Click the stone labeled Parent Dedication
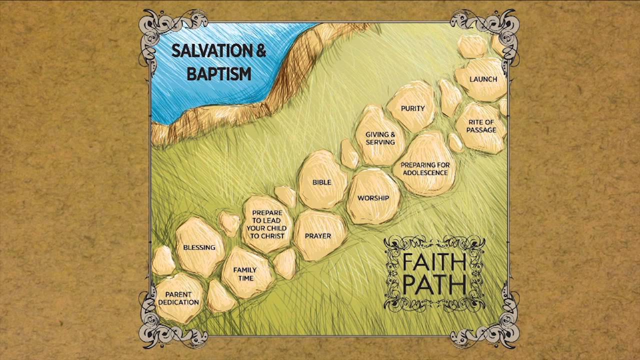(x=178, y=298)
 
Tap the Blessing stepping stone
(x=199, y=247)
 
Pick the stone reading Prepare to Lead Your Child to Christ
(x=267, y=224)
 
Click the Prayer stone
(x=318, y=235)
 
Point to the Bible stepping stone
(x=322, y=182)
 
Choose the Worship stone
(x=373, y=198)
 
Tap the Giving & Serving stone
(x=380, y=138)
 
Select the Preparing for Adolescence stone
(x=425, y=168)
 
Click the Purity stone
(x=413, y=108)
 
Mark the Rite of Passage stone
(x=481, y=126)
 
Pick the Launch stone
(x=483, y=79)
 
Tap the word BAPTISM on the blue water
(x=218, y=74)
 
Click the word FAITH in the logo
(x=433, y=261)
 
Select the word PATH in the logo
(x=433, y=284)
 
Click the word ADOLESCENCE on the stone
(x=425, y=173)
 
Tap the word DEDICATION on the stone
(x=179, y=302)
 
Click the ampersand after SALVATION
(x=259, y=51)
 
